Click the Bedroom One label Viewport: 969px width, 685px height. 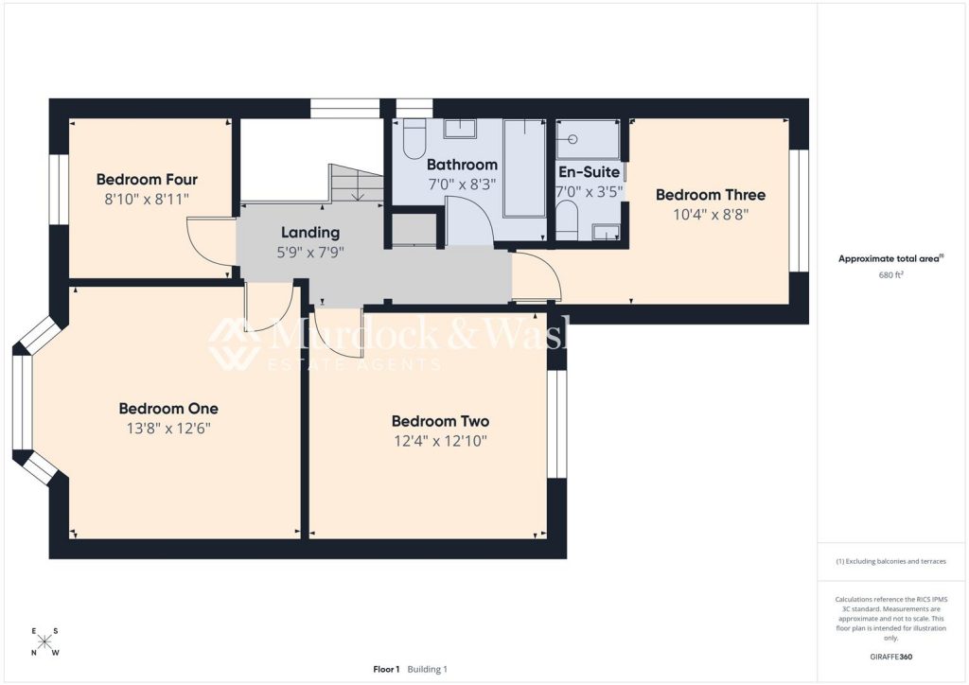(x=168, y=409)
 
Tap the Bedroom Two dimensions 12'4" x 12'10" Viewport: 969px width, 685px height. (x=441, y=441)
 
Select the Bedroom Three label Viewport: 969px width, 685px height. (x=710, y=195)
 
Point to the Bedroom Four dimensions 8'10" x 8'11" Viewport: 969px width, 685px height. (x=147, y=199)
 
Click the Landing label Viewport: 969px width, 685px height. (x=310, y=233)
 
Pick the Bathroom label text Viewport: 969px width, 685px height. (x=462, y=165)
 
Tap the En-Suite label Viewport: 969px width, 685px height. (x=589, y=171)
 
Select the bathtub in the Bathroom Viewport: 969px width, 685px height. (x=524, y=168)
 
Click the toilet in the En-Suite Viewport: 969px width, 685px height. (x=568, y=221)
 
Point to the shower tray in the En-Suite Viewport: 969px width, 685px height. (x=588, y=139)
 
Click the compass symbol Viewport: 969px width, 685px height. (x=44, y=641)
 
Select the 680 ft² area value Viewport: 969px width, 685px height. (x=890, y=275)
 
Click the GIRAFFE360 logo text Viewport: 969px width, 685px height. (x=890, y=657)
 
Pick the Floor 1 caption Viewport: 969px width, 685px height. (x=386, y=669)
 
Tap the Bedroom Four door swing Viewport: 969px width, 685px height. (x=211, y=243)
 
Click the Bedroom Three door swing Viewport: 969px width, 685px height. (x=537, y=276)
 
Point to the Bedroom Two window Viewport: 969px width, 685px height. (x=556, y=424)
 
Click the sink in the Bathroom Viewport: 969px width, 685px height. (x=459, y=129)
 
